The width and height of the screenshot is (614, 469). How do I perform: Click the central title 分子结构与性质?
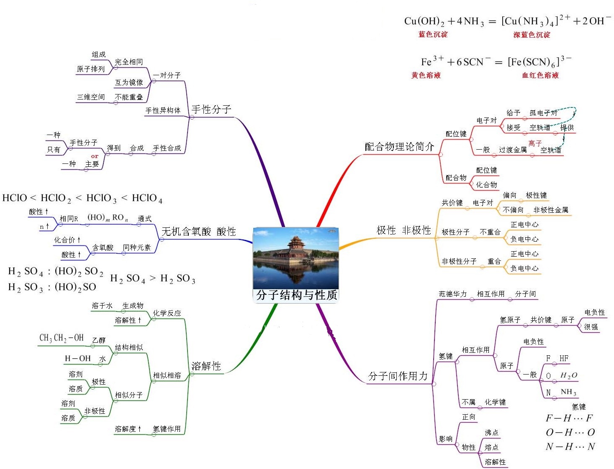point(296,295)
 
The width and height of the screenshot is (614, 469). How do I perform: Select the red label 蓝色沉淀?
point(432,34)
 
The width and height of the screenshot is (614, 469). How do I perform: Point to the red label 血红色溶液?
point(540,75)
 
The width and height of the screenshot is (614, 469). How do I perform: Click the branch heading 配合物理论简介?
point(399,147)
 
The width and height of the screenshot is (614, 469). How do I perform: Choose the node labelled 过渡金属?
point(512,150)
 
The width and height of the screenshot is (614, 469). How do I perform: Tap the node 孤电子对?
point(543,113)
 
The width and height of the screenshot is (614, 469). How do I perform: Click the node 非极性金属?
point(550,210)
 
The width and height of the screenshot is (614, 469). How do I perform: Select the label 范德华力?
point(452,294)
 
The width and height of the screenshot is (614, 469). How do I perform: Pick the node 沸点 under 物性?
point(491,432)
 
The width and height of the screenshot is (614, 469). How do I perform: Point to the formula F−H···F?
point(569,418)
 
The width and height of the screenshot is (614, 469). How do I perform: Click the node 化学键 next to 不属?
point(495,402)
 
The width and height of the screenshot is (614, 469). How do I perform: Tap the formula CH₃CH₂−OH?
point(61,338)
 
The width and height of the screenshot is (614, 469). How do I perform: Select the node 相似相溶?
point(167,375)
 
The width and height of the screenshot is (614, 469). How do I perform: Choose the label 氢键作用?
point(167,429)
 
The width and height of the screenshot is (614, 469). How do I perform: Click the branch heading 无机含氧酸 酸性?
point(199,232)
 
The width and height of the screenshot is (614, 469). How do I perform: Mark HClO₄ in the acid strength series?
point(147,198)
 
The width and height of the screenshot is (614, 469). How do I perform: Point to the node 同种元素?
point(136,247)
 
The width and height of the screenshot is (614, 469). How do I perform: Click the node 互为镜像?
point(128,82)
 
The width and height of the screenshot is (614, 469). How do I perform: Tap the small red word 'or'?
point(95,156)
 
